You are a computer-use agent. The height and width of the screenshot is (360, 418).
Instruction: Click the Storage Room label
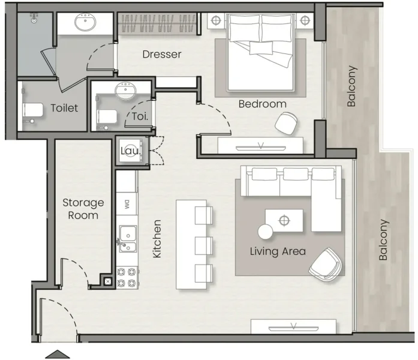83,209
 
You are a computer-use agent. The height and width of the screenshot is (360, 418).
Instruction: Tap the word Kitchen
157,239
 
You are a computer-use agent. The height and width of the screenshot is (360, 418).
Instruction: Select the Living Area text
278,251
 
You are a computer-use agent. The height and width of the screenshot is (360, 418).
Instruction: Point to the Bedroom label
262,104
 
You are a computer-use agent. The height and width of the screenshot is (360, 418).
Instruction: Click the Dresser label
162,55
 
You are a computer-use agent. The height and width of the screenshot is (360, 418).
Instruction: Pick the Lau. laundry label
130,151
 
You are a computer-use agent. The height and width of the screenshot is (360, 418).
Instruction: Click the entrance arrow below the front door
58,354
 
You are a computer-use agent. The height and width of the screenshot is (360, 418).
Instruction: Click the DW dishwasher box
127,203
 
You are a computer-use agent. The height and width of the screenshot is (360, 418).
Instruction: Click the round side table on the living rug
265,231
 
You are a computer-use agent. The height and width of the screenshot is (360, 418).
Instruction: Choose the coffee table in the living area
284,220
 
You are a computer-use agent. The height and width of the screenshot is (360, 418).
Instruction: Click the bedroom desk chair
287,124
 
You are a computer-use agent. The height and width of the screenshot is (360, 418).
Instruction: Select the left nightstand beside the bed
216,20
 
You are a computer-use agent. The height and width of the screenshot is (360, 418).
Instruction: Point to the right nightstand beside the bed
305,20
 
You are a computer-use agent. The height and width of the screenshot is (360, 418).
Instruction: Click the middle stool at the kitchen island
204,244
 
